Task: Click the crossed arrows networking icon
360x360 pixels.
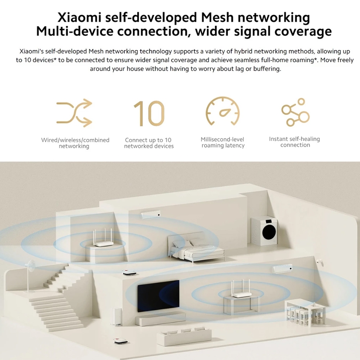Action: point(74,113)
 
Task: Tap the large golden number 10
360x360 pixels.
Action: point(149,113)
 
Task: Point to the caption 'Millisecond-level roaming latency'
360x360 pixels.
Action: point(223,143)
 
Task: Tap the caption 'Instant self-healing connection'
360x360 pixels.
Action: point(295,142)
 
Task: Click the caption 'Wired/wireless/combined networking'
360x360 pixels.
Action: point(75,143)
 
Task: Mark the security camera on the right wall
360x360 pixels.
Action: point(320,260)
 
